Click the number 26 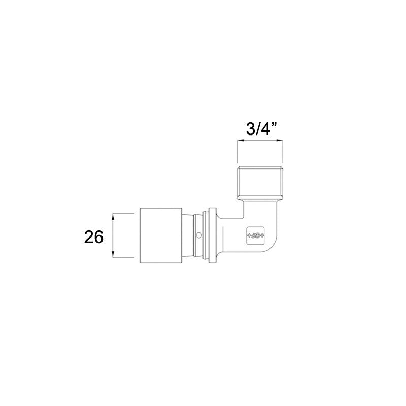pos(94,236)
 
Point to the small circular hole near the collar pos(199,235)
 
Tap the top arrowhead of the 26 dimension pos(113,215)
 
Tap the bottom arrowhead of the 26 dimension pos(113,256)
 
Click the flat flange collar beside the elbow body pos(212,235)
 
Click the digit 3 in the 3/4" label pos(250,129)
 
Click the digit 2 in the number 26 pos(89,236)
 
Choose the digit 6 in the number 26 pos(99,236)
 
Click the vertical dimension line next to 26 pos(113,235)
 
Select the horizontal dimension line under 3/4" pos(260,143)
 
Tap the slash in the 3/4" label pos(258,129)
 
